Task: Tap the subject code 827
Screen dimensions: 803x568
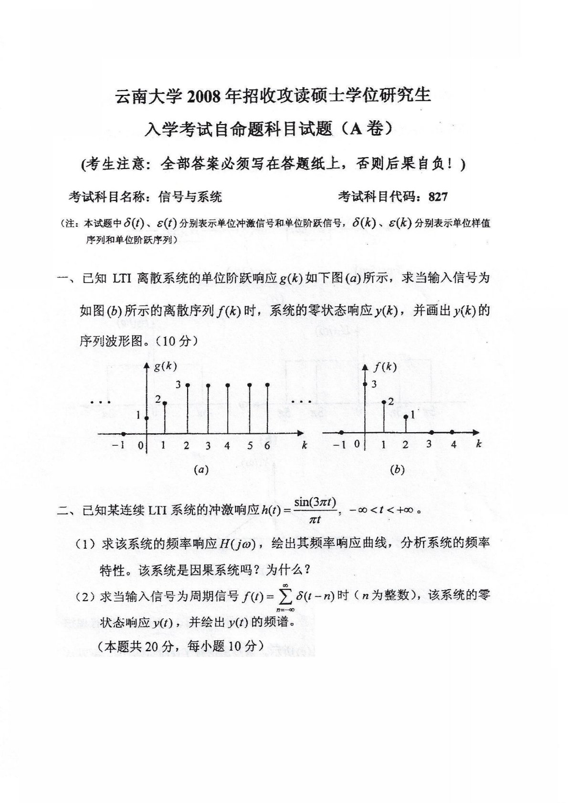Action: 438,196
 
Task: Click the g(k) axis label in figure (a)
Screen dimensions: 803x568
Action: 165,366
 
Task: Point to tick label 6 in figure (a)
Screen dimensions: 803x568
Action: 267,446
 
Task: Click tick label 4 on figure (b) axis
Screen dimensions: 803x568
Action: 453,445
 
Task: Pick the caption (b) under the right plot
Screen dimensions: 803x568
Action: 397,469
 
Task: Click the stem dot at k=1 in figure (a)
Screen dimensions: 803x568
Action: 165,404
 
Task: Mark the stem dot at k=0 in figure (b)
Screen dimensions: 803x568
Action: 365,385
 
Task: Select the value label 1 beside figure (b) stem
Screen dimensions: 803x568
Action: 413,416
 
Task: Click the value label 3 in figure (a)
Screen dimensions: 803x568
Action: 178,383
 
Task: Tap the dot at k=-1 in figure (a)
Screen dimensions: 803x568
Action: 124,434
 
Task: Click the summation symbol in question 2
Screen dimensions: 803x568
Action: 285,596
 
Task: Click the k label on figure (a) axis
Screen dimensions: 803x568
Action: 304,445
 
